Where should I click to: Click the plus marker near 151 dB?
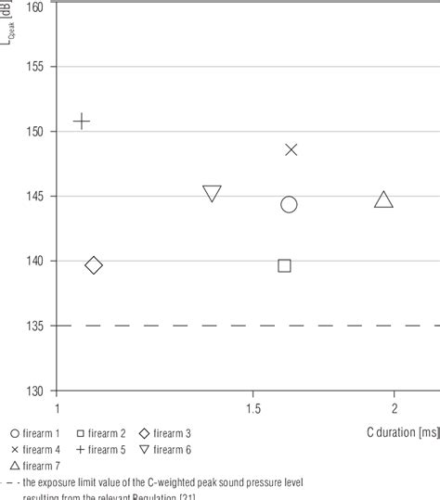tap(82, 122)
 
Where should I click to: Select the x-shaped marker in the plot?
tap(291, 149)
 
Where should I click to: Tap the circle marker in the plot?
tap(289, 205)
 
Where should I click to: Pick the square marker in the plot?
tap(285, 266)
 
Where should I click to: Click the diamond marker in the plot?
tap(93, 266)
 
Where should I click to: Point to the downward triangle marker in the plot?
tap(212, 194)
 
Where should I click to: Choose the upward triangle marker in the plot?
tap(383, 199)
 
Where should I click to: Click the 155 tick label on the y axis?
tap(34, 68)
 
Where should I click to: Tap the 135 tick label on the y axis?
tap(34, 326)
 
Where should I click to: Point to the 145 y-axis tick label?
tap(34, 197)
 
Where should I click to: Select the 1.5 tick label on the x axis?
tap(252, 408)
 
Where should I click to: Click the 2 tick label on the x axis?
tap(395, 408)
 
